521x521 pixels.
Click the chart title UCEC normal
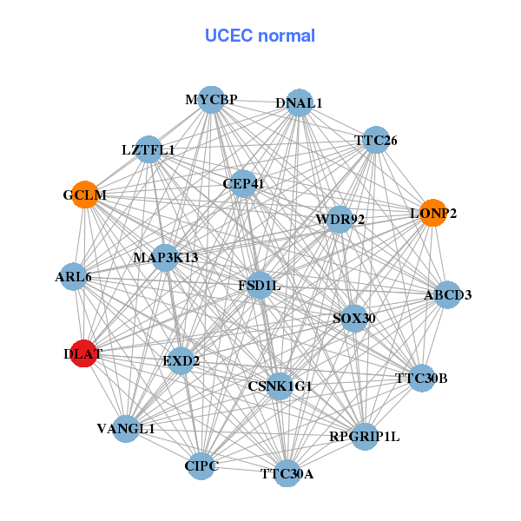pos(260,36)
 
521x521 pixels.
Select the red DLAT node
pos(83,353)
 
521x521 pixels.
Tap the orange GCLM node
pos(85,195)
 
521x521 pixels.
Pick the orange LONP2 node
pos(432,212)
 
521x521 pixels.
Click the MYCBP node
pos(211,100)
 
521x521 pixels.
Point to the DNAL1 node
pos(299,102)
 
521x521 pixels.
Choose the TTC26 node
pos(375,140)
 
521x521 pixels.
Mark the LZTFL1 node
pos(148,149)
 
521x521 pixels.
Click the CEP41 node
pos(243,183)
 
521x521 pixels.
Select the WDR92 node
pos(334,219)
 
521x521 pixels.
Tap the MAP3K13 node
pos(166,257)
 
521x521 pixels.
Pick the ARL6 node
pos(73,277)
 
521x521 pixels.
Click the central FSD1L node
pos(260,285)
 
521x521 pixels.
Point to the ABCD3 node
pos(447,295)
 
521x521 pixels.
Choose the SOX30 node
pos(354,318)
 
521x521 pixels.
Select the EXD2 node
pos(181,359)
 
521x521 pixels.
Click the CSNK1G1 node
pos(280,385)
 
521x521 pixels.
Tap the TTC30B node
pos(421,378)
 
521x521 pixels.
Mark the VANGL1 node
pos(126,428)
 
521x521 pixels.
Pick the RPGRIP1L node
pos(365,436)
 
